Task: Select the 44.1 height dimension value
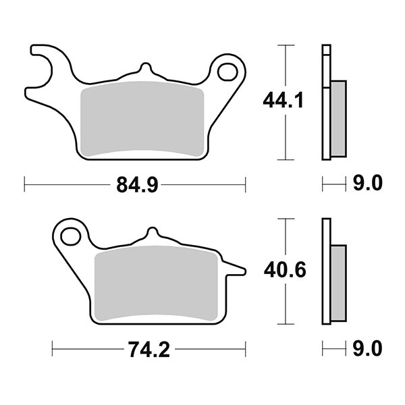click(x=282, y=102)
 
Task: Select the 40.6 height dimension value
click(x=284, y=271)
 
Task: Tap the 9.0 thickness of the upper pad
click(x=368, y=184)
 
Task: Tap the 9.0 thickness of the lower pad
click(x=368, y=349)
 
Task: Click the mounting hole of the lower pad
click(x=70, y=236)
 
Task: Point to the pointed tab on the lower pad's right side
click(x=236, y=271)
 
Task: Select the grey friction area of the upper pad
click(x=142, y=119)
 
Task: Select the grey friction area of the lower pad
click(x=157, y=283)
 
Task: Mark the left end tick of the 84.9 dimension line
click(x=24, y=184)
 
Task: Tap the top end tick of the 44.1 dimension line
click(x=287, y=45)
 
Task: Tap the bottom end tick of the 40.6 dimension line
click(x=287, y=323)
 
